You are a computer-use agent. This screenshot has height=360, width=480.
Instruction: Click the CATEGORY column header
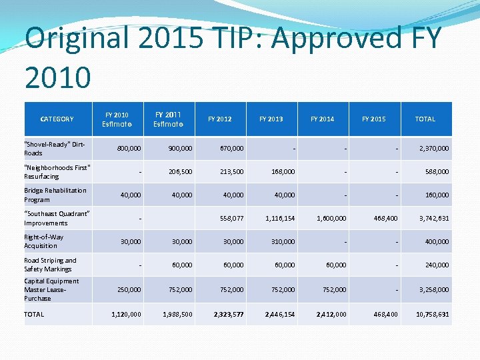tap(57, 119)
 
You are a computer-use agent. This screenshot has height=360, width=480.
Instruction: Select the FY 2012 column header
tap(220, 119)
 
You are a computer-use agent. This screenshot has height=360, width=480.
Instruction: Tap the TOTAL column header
tap(425, 119)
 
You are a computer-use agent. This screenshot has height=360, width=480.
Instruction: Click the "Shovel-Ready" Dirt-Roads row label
tap(55, 149)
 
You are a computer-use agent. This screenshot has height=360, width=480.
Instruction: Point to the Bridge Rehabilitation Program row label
tap(55, 195)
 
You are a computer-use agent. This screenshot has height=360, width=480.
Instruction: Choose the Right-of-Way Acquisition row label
tap(44, 241)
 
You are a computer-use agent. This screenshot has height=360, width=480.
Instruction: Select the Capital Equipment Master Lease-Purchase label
tap(51, 289)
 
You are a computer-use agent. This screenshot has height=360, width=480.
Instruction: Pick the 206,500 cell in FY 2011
tap(179, 171)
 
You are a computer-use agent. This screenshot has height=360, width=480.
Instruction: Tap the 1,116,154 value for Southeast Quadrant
tap(280, 218)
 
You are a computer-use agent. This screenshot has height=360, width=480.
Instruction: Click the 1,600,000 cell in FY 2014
tap(331, 218)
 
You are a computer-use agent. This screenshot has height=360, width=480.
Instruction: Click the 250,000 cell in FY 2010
tap(127, 290)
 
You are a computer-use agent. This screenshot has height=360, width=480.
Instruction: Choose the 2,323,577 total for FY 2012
tap(229, 314)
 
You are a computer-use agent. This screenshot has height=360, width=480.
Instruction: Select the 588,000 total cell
tap(437, 171)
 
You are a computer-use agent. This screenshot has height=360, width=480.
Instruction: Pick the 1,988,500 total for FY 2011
tap(177, 314)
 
